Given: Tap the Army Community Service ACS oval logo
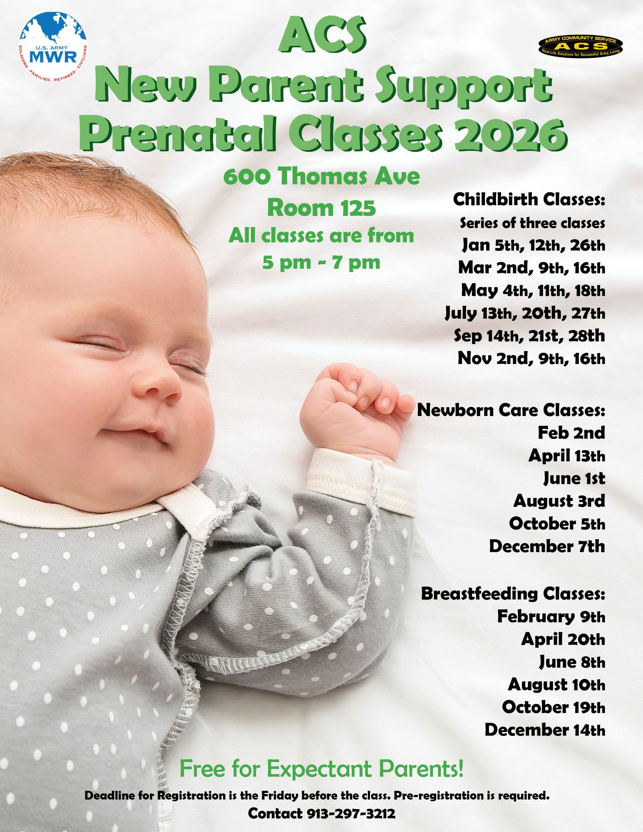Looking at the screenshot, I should click(x=580, y=46).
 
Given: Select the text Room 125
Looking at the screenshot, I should click(x=321, y=208).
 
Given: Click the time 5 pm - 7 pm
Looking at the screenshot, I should click(x=321, y=262).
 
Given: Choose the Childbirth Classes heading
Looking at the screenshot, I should click(x=529, y=199).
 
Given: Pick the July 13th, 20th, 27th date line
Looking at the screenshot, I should click(x=525, y=313).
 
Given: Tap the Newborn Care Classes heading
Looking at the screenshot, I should click(x=511, y=410).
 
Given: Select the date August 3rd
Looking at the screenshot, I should click(x=559, y=501).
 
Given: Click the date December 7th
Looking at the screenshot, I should click(x=546, y=546).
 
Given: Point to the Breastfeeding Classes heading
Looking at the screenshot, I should click(x=513, y=593).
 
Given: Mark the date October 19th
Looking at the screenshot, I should click(x=553, y=707).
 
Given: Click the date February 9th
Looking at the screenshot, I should click(x=551, y=616).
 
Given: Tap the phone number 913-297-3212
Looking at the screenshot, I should click(x=351, y=813).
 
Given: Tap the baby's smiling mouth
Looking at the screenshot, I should click(x=133, y=433).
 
